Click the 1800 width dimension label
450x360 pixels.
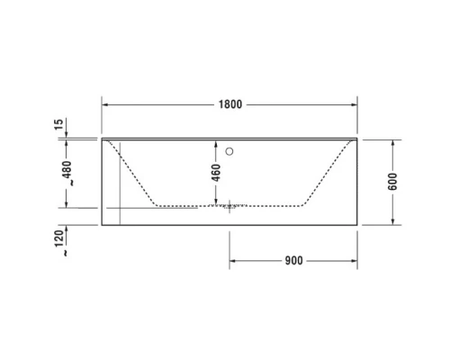click(x=229, y=104)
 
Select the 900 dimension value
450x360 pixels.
click(x=292, y=260)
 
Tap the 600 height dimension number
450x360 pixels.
click(x=393, y=181)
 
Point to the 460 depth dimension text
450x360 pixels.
click(x=215, y=173)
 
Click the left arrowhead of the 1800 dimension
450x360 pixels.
click(x=104, y=104)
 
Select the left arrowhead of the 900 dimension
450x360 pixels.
click(x=233, y=260)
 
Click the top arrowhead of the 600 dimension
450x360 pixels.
click(x=393, y=142)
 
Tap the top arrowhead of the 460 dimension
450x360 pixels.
click(x=215, y=142)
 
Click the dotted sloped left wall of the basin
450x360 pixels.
click(x=137, y=175)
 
